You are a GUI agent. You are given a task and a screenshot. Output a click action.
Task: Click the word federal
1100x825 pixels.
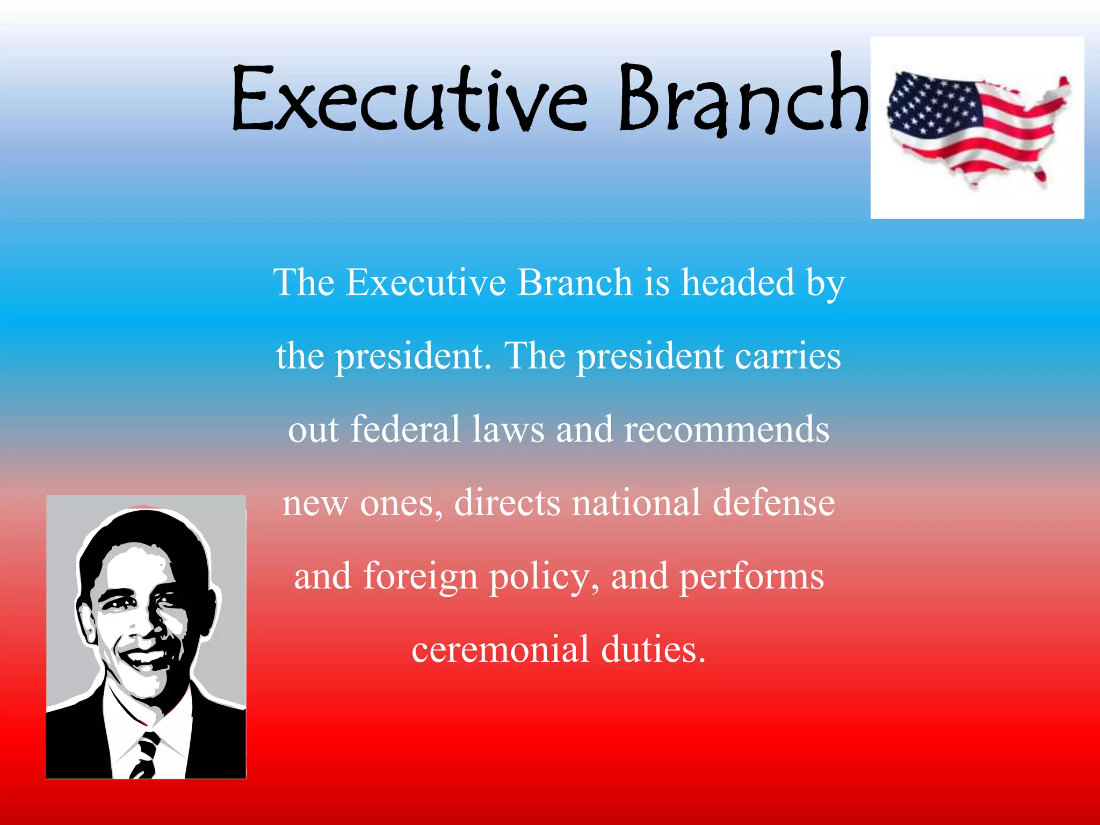coord(406,429)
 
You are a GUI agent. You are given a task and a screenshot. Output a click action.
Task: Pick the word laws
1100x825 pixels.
coord(508,430)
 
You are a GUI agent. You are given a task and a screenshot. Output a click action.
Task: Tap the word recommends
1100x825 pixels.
coord(726,430)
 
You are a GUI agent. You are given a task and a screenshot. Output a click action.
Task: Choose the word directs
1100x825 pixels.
coord(507,503)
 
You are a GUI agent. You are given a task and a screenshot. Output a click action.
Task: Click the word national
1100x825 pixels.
coord(636,503)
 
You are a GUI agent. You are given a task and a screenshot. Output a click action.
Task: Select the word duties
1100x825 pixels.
coord(653,649)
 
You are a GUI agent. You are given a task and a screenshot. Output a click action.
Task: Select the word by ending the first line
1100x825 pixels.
coord(825,283)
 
